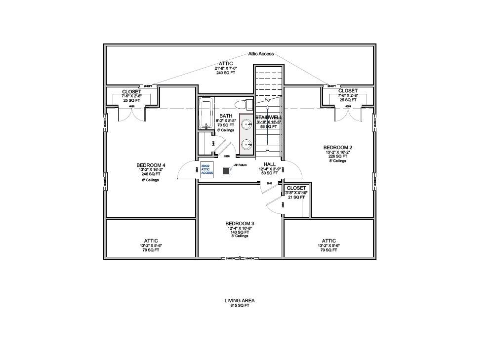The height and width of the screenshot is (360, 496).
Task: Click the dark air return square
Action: (x=227, y=170)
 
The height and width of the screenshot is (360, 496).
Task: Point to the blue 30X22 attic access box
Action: (x=207, y=169)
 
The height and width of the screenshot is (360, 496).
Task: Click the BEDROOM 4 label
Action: (x=151, y=165)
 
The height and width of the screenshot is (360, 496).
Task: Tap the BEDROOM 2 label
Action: (x=338, y=148)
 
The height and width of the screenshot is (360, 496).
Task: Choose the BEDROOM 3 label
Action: (x=240, y=223)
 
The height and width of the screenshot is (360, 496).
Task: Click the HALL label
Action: (x=270, y=164)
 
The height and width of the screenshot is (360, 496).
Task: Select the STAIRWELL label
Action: (x=268, y=117)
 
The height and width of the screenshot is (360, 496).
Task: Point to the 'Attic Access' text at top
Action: (x=261, y=54)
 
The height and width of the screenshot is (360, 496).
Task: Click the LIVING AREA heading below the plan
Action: (x=240, y=300)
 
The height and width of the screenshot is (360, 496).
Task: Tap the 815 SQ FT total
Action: (x=240, y=306)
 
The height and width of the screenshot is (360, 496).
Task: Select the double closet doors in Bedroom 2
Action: (x=348, y=114)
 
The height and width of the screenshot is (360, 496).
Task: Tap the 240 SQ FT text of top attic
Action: (x=225, y=73)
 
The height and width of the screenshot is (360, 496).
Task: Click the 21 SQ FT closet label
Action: (x=296, y=198)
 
